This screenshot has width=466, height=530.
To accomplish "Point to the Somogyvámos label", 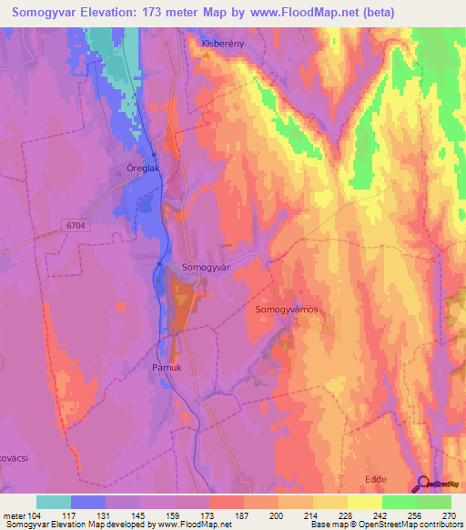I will (285, 310).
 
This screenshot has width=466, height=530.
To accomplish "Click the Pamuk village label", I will (167, 368).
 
